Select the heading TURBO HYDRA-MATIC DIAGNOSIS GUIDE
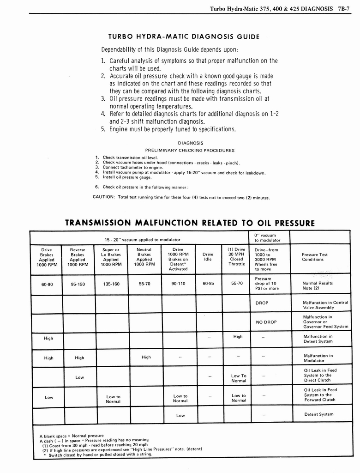click(x=184, y=37)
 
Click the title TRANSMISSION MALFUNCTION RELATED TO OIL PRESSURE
click(x=190, y=223)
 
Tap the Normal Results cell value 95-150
click(x=78, y=285)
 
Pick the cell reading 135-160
click(x=111, y=285)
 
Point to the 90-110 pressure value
click(x=178, y=284)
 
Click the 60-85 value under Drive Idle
click(x=208, y=284)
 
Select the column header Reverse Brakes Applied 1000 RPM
click(x=78, y=257)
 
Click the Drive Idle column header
click(x=208, y=257)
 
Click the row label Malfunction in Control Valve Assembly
click(x=325, y=305)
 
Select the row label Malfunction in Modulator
click(x=318, y=358)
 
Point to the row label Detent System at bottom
click(x=318, y=414)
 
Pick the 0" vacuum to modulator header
click(x=265, y=238)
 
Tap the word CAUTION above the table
click(x=104, y=197)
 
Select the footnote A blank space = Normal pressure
click(x=68, y=436)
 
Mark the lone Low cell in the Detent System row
click(x=180, y=415)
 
